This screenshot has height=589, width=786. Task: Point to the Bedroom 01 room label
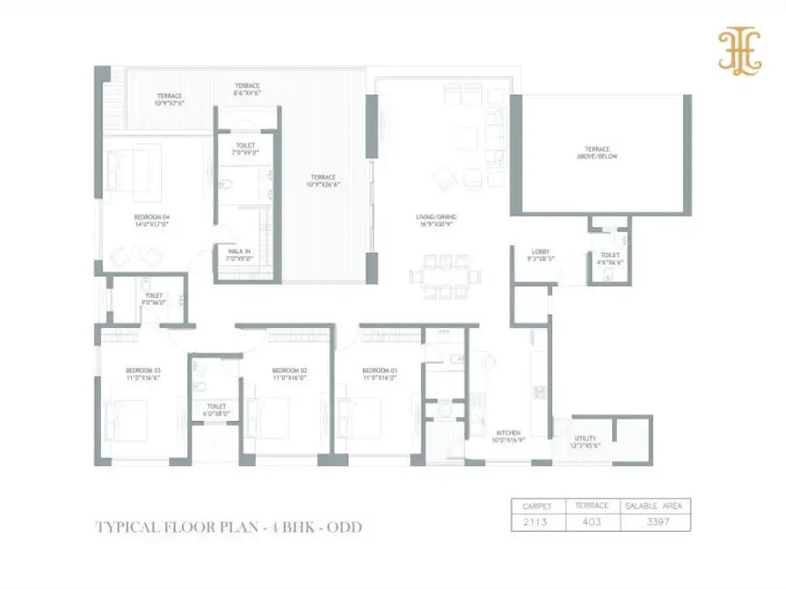click(379, 369)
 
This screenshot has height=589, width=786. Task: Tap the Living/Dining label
click(430, 217)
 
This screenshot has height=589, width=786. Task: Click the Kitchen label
click(509, 434)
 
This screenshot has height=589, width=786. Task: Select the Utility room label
click(585, 440)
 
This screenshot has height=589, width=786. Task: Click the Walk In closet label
click(239, 252)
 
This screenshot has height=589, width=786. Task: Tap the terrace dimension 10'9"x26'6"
click(323, 183)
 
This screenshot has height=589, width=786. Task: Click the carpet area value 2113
click(535, 522)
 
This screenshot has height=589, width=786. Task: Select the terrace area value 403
click(591, 522)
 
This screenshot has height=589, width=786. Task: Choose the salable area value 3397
click(655, 522)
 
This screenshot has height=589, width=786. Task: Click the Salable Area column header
click(655, 506)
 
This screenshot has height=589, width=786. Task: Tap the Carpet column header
click(536, 506)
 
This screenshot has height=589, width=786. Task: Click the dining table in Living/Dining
click(440, 276)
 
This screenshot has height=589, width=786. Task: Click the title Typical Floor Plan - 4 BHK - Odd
click(229, 527)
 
